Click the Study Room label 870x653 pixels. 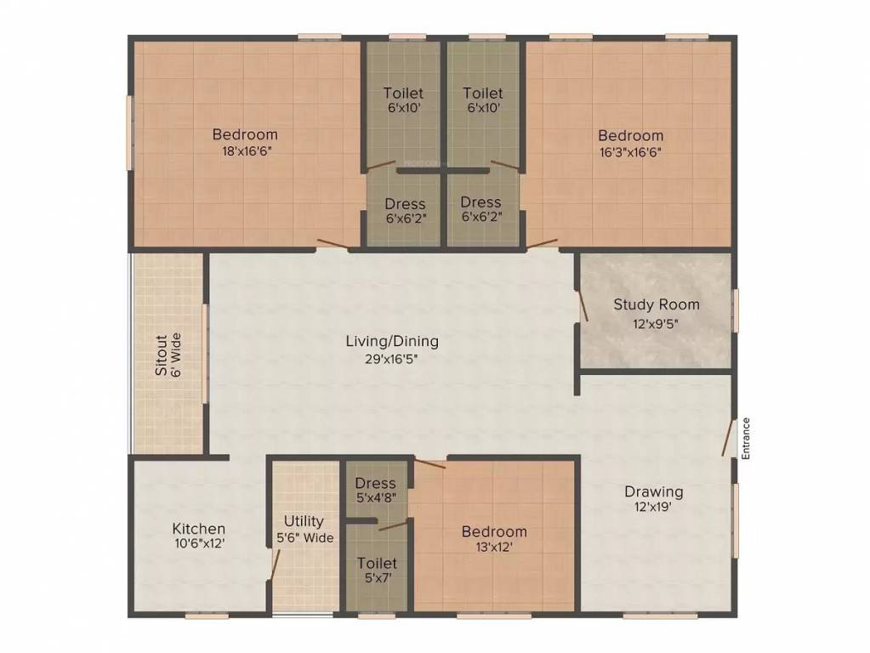(x=657, y=304)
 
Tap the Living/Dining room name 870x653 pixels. (x=392, y=342)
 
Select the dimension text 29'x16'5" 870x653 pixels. (x=392, y=358)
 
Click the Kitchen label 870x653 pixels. (x=199, y=528)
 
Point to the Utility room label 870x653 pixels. (x=304, y=521)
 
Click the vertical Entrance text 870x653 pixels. (x=746, y=438)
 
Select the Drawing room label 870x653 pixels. (x=654, y=491)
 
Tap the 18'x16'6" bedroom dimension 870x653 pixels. (x=245, y=150)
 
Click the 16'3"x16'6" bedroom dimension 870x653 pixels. (x=630, y=152)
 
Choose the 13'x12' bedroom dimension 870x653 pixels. (x=494, y=548)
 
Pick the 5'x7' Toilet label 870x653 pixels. (x=377, y=563)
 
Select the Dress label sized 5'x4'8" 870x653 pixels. (x=376, y=484)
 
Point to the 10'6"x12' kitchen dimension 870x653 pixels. (x=199, y=544)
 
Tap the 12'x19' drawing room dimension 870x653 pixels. (x=654, y=508)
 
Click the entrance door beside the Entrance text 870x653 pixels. (x=729, y=438)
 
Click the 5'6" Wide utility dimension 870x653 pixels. (x=304, y=537)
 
